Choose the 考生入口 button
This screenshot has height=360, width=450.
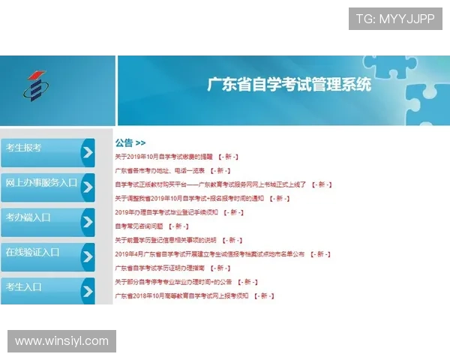click(41, 289)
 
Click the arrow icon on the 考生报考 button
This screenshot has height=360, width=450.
click(88, 152)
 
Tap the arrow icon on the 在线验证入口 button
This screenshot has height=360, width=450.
click(88, 256)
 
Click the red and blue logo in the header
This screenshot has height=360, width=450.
click(33, 88)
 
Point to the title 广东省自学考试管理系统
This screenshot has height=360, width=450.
click(289, 84)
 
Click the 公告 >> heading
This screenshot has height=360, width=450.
click(130, 142)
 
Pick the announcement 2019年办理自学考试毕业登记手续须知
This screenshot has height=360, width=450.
click(166, 212)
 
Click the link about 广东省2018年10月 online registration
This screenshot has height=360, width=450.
click(181, 295)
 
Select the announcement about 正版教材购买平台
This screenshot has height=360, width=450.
click(211, 184)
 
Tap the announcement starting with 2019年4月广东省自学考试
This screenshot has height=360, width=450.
click(210, 254)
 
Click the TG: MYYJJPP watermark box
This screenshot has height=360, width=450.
click(395, 19)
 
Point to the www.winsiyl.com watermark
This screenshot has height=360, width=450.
click(62, 341)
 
